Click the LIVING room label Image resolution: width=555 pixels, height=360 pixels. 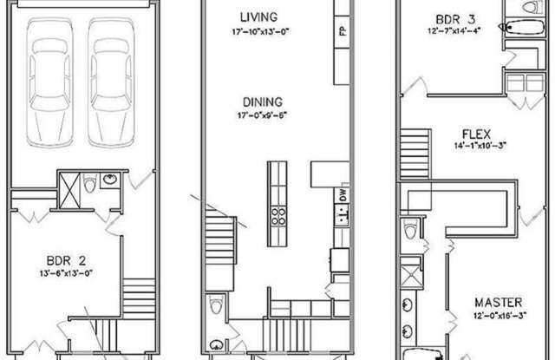pyautogui.click(x=258, y=16)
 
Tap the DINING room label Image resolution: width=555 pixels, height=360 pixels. pyautogui.click(x=263, y=102)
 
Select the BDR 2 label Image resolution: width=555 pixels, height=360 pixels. pyautogui.click(x=66, y=261)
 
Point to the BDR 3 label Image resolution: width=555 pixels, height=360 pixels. pyautogui.click(x=455, y=19)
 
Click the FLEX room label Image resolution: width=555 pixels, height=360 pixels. pyautogui.click(x=476, y=134)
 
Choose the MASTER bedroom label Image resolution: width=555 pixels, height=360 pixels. pyautogui.click(x=499, y=303)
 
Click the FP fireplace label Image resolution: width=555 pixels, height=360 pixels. pyautogui.click(x=343, y=31)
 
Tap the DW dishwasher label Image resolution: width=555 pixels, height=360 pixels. pyautogui.click(x=343, y=194)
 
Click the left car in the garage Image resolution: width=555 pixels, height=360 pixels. pyautogui.click(x=50, y=82)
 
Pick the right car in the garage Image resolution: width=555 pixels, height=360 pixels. pyautogui.click(x=111, y=82)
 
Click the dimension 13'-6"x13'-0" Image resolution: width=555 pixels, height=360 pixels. pyautogui.click(x=66, y=273)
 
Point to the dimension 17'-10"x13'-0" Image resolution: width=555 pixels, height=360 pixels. pyautogui.click(x=261, y=32)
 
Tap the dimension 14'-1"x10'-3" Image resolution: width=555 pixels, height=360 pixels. pyautogui.click(x=480, y=146)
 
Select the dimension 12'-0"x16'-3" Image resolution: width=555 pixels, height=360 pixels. pyautogui.click(x=500, y=315)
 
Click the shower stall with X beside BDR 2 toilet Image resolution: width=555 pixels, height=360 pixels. pyautogui.click(x=69, y=191)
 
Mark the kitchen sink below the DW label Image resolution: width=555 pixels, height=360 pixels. pyautogui.click(x=343, y=215)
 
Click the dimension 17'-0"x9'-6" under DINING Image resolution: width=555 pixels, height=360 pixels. pyautogui.click(x=262, y=115)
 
